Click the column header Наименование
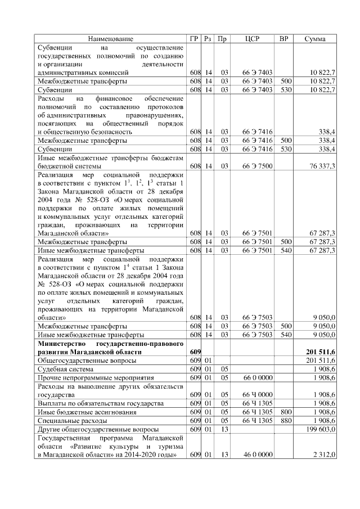[x=110, y=39]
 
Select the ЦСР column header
[x=252, y=39]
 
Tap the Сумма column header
[x=315, y=39]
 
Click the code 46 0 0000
[x=258, y=454]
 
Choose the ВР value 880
[x=286, y=420]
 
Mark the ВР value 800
[x=286, y=412]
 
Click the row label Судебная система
[x=64, y=368]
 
